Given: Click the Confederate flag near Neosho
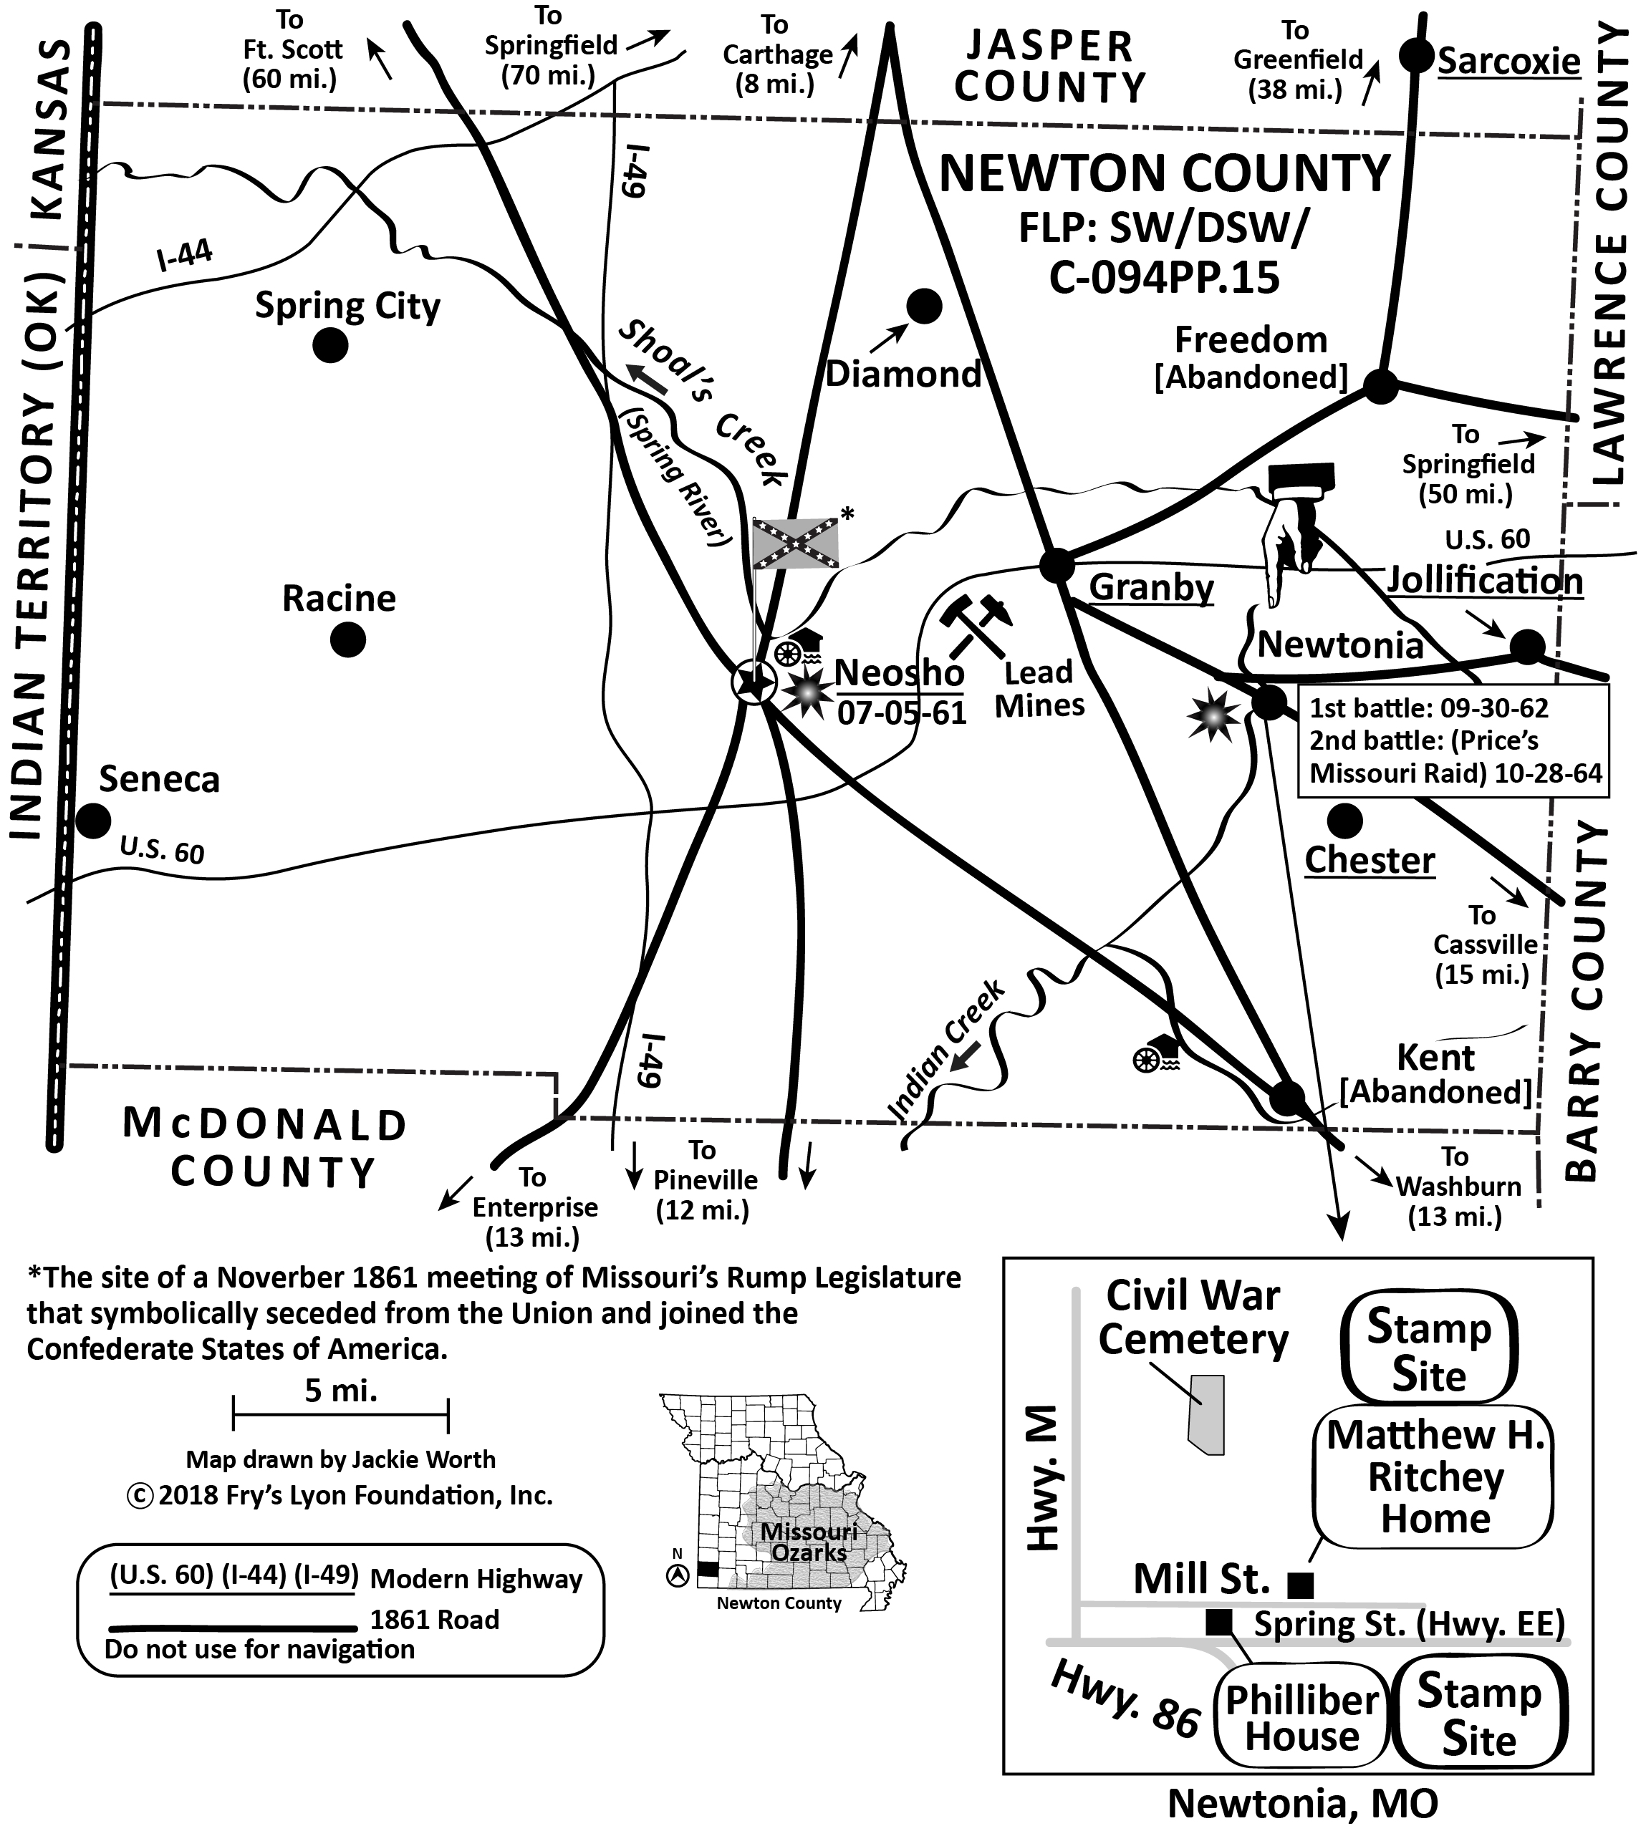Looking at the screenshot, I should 796,543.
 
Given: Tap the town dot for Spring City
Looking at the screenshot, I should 330,344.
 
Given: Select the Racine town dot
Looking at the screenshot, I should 347,640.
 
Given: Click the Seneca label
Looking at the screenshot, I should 159,779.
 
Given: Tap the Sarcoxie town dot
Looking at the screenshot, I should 1416,56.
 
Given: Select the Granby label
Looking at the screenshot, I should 1151,588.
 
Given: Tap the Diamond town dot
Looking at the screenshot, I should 923,306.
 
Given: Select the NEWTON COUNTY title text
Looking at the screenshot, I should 1164,173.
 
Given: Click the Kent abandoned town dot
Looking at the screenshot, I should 1287,1098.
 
